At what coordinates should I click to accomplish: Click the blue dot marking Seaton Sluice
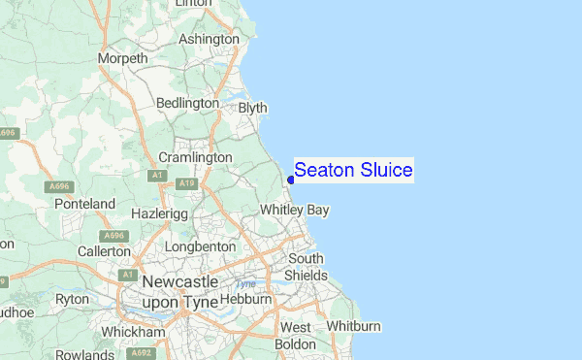pyautogui.click(x=291, y=180)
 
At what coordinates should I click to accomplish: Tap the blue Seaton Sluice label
pyautogui.click(x=353, y=171)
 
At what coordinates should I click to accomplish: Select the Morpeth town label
pyautogui.click(x=123, y=59)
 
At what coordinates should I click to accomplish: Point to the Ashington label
pyautogui.click(x=209, y=39)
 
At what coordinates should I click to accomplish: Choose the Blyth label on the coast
pyautogui.click(x=252, y=109)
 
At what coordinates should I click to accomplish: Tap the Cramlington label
pyautogui.click(x=195, y=157)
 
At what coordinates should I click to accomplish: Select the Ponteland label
pyautogui.click(x=84, y=205)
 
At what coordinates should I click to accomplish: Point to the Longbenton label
pyautogui.click(x=200, y=246)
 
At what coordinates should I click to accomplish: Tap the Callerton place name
pyautogui.click(x=104, y=250)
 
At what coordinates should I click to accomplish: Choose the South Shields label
pyautogui.click(x=307, y=267)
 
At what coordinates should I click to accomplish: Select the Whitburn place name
pyautogui.click(x=354, y=325)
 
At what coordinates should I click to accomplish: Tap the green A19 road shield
pyautogui.click(x=187, y=181)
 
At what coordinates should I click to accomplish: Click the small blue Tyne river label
pyautogui.click(x=245, y=284)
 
